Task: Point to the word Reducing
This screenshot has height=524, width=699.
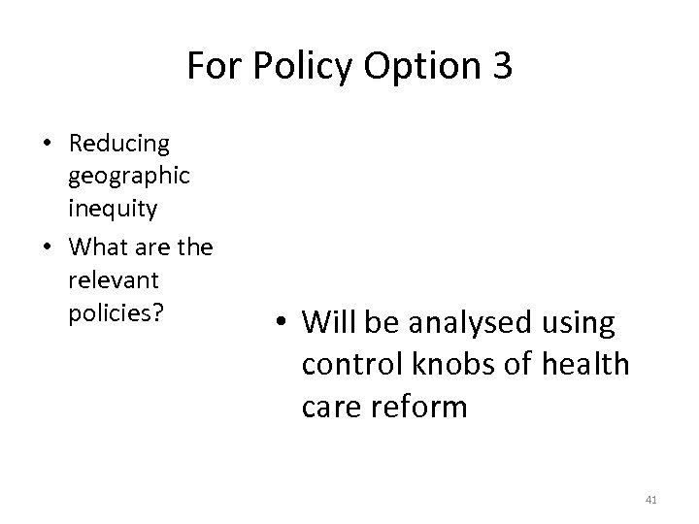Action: coord(118,144)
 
